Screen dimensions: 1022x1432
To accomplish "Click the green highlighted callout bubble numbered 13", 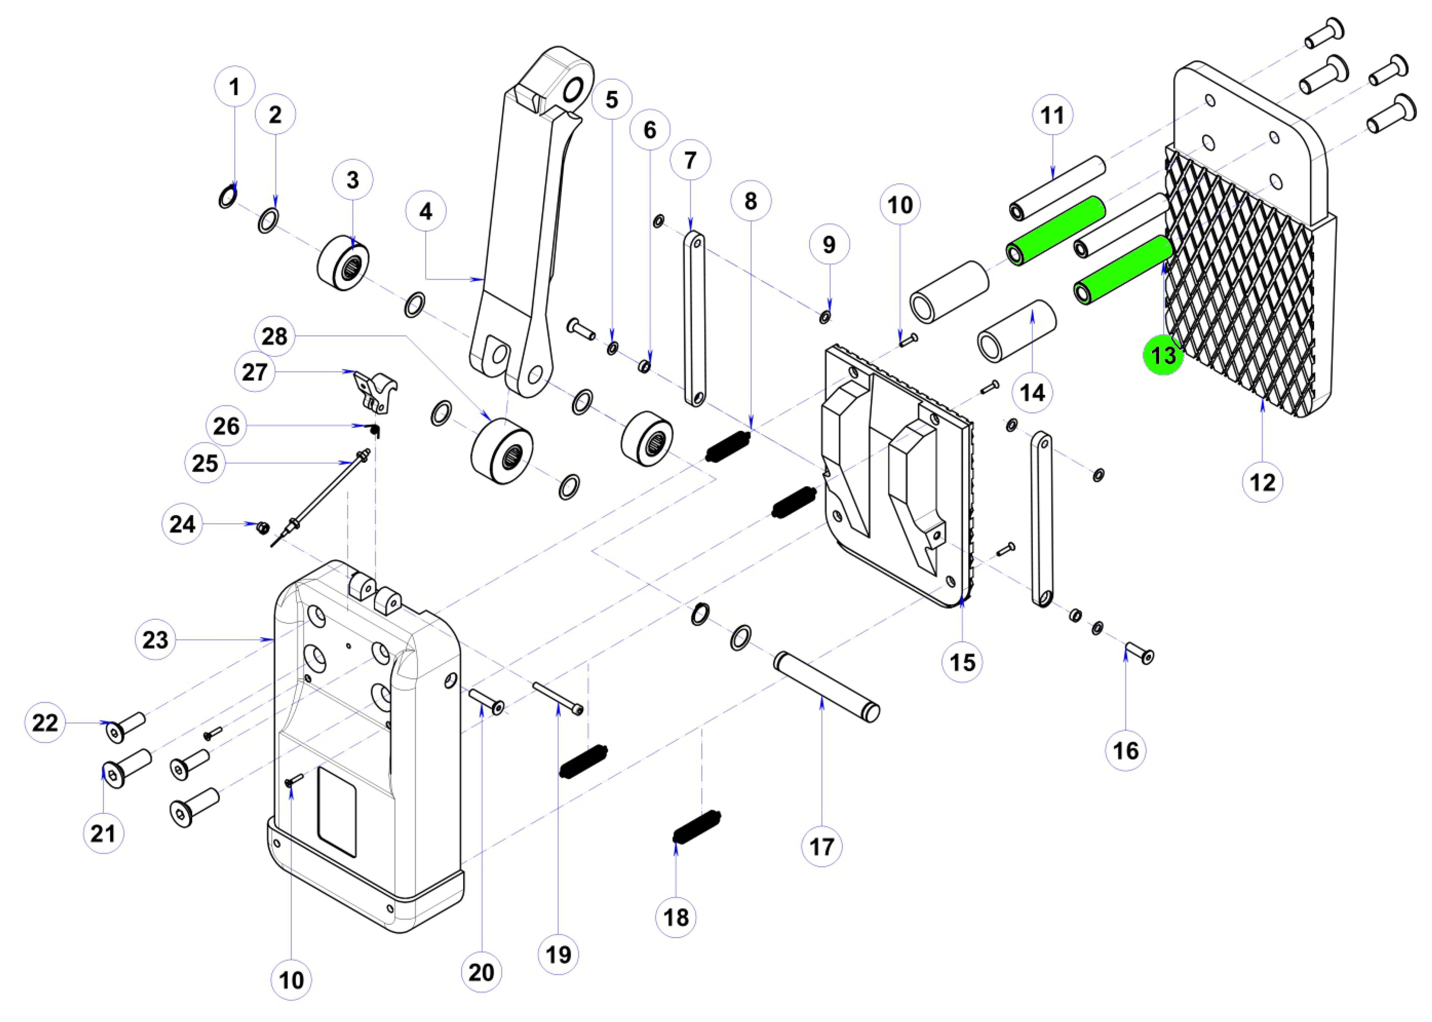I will [1163, 355].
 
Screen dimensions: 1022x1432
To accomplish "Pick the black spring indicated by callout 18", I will [697, 827].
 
